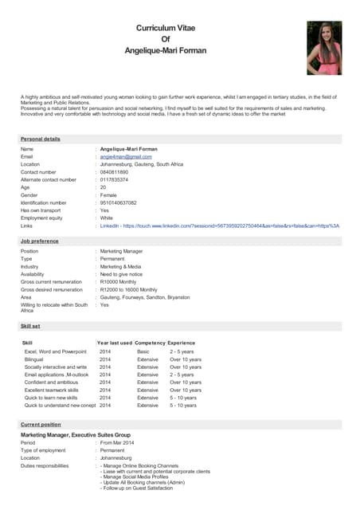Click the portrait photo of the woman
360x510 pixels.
[324, 48]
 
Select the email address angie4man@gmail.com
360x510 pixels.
[126, 156]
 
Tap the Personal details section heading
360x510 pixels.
[41, 139]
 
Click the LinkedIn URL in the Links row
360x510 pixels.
[219, 226]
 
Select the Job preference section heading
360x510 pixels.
[39, 240]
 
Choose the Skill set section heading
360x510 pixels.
[31, 327]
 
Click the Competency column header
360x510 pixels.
[150, 343]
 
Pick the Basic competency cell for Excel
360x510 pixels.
[143, 351]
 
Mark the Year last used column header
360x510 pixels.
[115, 343]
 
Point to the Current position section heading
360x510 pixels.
[41, 425]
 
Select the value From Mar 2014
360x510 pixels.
[117, 443]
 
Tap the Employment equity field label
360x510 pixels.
[41, 218]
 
